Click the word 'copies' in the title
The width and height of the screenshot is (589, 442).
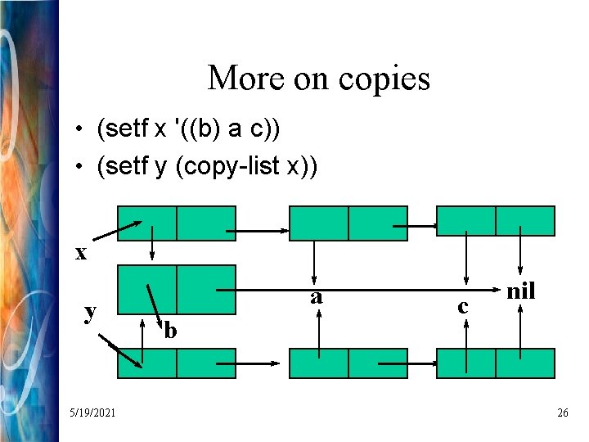[x=387, y=79]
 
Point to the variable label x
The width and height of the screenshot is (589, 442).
[x=81, y=254]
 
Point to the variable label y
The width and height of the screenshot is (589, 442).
[x=92, y=311]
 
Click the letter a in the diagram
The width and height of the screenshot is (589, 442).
[x=317, y=296]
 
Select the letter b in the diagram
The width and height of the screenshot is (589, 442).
[x=170, y=331]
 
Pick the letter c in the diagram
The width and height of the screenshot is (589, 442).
[x=464, y=306]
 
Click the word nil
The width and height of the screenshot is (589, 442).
[x=521, y=291]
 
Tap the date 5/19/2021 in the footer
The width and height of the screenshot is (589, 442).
[x=92, y=413]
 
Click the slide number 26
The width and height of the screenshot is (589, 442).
[x=562, y=413]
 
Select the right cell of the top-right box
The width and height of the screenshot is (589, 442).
[x=525, y=221]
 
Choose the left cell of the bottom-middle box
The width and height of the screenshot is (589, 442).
[x=319, y=363]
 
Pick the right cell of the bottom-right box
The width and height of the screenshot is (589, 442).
[x=525, y=363]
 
